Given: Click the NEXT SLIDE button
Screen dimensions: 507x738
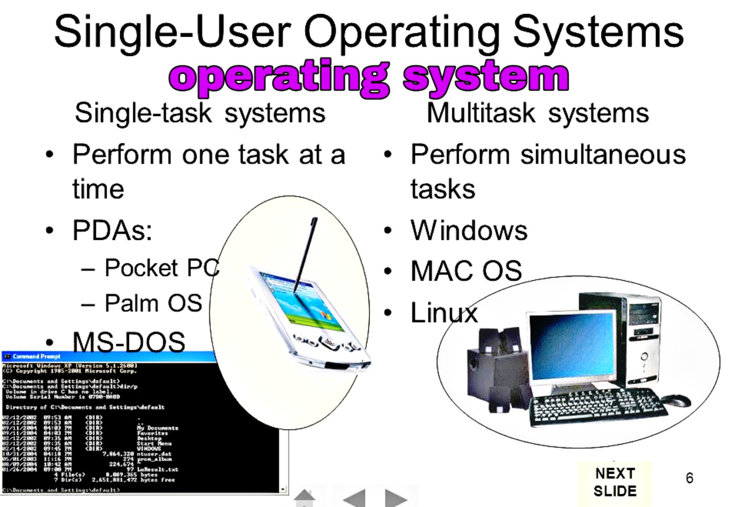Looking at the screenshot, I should click(x=615, y=482).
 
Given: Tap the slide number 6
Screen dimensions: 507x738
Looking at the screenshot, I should click(x=689, y=478).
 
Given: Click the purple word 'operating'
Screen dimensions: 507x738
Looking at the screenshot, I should click(x=279, y=77).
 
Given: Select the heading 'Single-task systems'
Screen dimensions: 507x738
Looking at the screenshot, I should click(x=200, y=113).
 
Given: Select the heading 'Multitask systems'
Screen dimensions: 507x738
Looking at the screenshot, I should click(x=538, y=113).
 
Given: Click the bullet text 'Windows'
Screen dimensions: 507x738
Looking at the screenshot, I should click(x=469, y=230).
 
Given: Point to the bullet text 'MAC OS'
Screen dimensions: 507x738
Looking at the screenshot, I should click(x=466, y=271).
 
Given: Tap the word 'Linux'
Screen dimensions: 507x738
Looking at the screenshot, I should click(x=444, y=313).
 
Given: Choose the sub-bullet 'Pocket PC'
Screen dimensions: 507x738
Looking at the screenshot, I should click(x=161, y=268).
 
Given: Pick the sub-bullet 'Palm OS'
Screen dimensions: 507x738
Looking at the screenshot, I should click(x=153, y=303).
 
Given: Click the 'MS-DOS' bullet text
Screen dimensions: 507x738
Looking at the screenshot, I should click(x=129, y=341).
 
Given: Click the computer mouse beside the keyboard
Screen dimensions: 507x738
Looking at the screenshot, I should click(x=676, y=400).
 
